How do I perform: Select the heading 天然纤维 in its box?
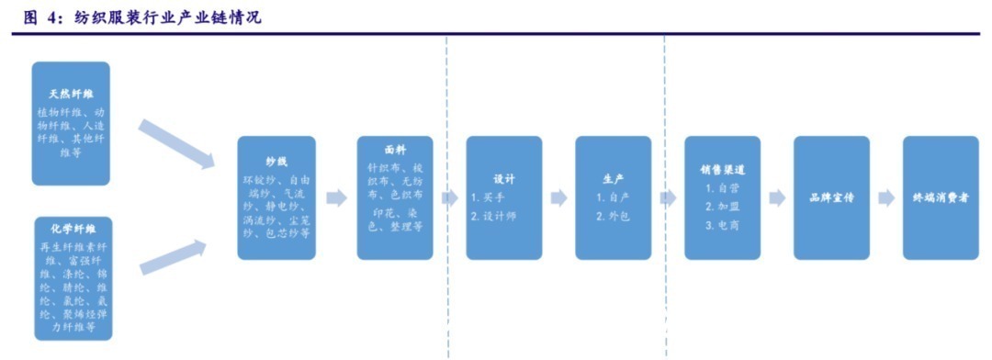point(71,95)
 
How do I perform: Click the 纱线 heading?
point(276,162)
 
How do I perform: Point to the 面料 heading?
point(395,149)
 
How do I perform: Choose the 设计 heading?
point(503,179)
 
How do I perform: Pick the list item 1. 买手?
point(489,197)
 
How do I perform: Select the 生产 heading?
point(613,179)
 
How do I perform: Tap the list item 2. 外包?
point(613,217)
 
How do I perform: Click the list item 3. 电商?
point(722,225)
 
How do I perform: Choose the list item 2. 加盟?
point(722,207)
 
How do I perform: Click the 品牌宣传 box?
point(831,197)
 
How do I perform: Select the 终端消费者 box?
point(940,197)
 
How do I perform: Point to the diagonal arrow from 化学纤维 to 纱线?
point(175,256)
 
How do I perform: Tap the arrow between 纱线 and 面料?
point(336,197)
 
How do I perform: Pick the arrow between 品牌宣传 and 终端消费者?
point(885,197)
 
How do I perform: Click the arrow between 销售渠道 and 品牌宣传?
point(777,197)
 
